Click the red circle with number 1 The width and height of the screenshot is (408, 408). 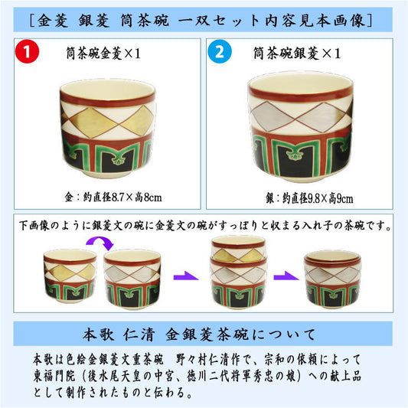tap(27, 52)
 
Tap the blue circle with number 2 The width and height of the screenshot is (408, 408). tap(220, 52)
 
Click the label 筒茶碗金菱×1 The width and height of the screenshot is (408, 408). tap(103, 54)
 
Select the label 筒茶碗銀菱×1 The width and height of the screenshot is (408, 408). tap(297, 54)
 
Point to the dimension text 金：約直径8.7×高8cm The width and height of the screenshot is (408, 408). tap(113, 197)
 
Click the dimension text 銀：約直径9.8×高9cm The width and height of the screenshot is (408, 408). tap(309, 198)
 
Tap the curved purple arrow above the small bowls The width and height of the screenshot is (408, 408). tap(100, 242)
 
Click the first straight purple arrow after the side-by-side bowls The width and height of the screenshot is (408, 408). tap(186, 276)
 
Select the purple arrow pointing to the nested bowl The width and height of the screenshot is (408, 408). tap(286, 276)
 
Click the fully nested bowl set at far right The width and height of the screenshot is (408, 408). tap(332, 279)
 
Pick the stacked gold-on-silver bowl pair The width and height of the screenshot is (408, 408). tap(239, 273)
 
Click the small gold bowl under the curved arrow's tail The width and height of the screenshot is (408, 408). tap(70, 276)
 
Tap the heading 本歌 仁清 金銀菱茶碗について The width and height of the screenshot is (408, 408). tap(199, 335)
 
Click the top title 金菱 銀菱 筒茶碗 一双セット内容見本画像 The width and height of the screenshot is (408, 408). tap(201, 21)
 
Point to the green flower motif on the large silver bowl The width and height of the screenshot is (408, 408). tap(295, 155)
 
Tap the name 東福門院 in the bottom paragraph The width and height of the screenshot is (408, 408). tap(54, 376)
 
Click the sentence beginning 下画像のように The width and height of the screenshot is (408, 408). tap(205, 226)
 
